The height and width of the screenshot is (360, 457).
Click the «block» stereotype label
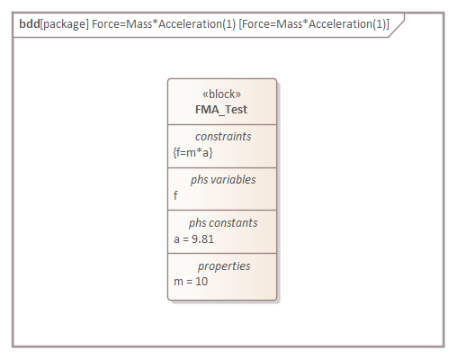pyautogui.click(x=222, y=94)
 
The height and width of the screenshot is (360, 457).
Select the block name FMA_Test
pyautogui.click(x=221, y=110)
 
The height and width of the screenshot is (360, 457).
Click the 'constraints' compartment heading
pyautogui.click(x=222, y=137)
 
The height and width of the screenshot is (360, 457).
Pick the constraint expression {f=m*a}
pyautogui.click(x=193, y=152)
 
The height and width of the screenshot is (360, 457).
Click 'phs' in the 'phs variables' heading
pyautogui.click(x=199, y=180)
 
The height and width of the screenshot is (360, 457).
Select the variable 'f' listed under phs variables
pyautogui.click(x=175, y=195)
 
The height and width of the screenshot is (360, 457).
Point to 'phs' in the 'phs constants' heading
pyautogui.click(x=197, y=222)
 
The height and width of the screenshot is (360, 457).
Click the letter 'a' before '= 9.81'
pyautogui.click(x=176, y=238)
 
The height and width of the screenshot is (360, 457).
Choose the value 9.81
pyautogui.click(x=202, y=238)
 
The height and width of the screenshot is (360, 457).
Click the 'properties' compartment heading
pyautogui.click(x=223, y=266)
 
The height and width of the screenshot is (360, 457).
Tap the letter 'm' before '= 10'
pyautogui.click(x=177, y=282)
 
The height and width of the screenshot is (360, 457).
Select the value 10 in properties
pyautogui.click(x=202, y=282)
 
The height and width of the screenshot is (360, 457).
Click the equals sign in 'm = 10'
pyautogui.click(x=188, y=282)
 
